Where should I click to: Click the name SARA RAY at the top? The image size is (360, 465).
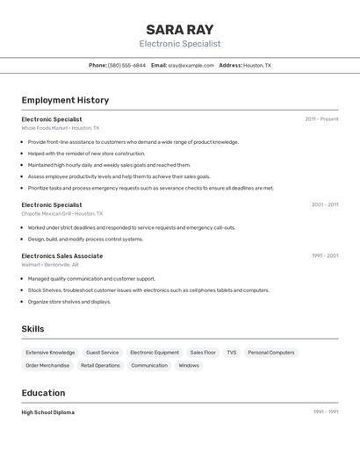pos(180,29)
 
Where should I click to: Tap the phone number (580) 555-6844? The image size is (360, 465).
pos(127,65)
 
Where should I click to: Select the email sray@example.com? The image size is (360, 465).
pos(191,65)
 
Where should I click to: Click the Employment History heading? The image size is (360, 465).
pos(65,100)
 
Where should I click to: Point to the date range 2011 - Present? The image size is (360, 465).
pos(321,118)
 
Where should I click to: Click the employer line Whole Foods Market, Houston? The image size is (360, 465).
pos(61,128)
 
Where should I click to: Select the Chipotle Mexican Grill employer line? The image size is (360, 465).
pos(62,213)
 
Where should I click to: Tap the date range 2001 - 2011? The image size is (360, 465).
pos(324,204)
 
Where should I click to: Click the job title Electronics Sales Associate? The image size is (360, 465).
pos(62,256)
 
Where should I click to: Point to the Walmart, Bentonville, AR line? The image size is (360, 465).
pos(50,264)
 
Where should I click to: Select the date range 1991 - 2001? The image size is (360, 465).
pos(324,255)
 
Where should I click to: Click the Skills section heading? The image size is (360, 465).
pos(32,329)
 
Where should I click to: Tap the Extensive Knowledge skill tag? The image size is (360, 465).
pos(50,352)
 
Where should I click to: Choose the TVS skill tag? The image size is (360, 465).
pos(232,352)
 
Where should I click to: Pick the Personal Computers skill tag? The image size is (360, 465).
pos(271,352)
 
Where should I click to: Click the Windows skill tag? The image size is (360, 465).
pos(189,365)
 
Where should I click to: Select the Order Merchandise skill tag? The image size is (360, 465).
pos(47,365)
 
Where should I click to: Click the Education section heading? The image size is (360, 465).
pos(43,393)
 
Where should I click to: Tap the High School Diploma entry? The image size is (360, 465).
pos(48,412)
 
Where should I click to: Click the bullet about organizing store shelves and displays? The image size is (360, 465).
pos(69,302)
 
